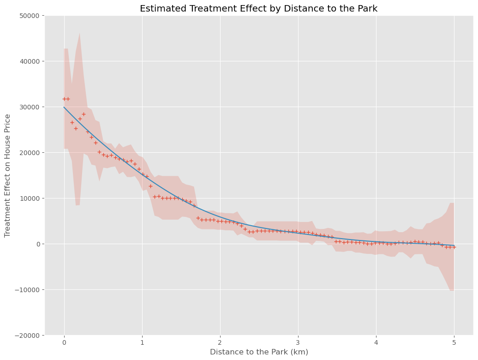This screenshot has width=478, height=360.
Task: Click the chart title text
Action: [x=258, y=8]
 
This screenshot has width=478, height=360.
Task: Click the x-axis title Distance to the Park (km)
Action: [x=259, y=352]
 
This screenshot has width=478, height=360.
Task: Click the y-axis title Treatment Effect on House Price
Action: [x=8, y=175]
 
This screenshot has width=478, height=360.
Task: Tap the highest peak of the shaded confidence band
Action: [x=80, y=33]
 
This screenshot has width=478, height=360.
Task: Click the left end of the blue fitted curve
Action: [x=64, y=107]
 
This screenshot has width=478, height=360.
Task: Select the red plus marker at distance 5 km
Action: [x=454, y=247]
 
